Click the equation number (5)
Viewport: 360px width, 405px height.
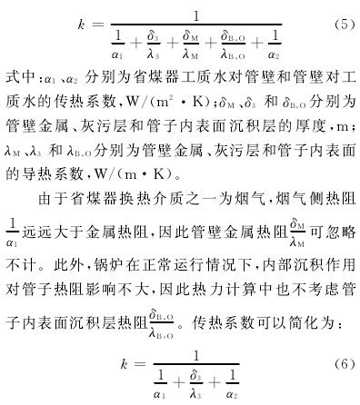pos(345,25)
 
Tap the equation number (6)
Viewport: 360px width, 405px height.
pos(345,364)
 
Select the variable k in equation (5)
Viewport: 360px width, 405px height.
pos(81,25)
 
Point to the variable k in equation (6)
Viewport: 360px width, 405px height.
pos(124,364)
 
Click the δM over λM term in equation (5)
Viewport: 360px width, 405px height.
pos(191,44)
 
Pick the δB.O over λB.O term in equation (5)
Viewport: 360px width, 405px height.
pos(233,44)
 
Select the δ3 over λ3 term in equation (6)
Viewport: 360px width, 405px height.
pos(195,384)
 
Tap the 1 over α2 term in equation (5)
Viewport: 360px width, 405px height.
pos(274,44)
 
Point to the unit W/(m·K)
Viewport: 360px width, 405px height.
pos(134,174)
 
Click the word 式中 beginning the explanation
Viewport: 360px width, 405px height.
pos(20,77)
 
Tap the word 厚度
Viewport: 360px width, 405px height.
pos(310,125)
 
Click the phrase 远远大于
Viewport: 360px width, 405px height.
pos(53,232)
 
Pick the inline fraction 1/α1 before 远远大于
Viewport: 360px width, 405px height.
pos(12,232)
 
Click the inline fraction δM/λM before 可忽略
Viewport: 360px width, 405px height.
pos(297,232)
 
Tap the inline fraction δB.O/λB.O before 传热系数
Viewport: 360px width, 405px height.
pos(161,323)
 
